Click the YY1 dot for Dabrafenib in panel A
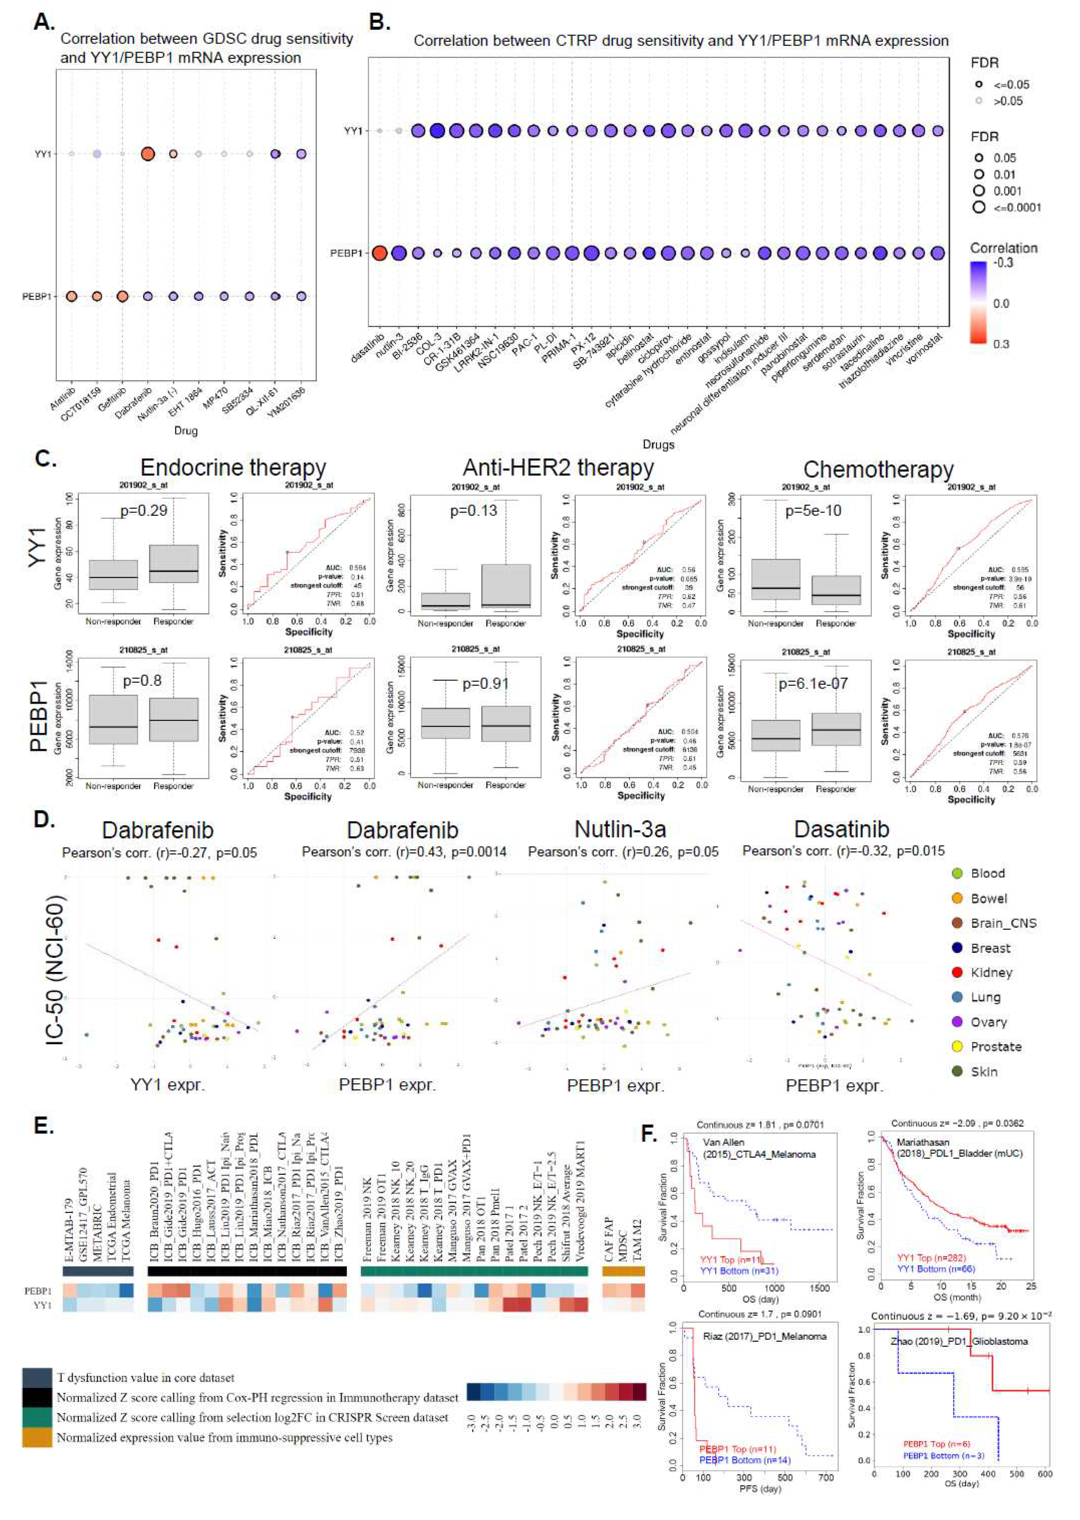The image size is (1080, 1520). coord(148,154)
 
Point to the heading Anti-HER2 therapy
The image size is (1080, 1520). coord(558,468)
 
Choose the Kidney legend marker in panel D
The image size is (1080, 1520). coord(957,973)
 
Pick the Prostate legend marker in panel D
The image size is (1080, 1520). coord(957,1046)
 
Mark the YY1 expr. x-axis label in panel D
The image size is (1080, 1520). coord(168,1085)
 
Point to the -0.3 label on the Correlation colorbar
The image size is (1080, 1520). coord(1003,263)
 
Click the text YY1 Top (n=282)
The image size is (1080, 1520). coord(931,1258)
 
